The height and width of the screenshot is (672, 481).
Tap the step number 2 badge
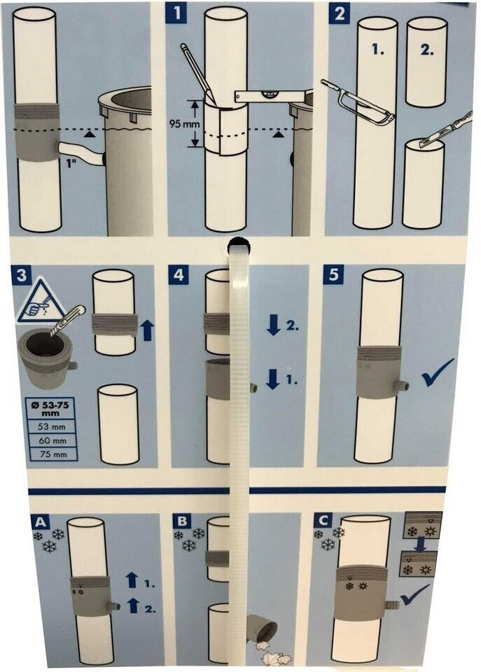(x=339, y=13)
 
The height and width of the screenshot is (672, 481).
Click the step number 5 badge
(x=333, y=274)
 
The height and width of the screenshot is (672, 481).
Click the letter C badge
(x=322, y=520)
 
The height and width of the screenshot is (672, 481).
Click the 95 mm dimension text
(x=180, y=123)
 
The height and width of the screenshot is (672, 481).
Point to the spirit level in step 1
(x=270, y=97)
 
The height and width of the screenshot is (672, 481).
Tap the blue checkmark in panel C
(x=414, y=595)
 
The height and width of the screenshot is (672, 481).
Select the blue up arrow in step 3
(x=147, y=331)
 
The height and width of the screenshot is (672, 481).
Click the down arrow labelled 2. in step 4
(x=272, y=327)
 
